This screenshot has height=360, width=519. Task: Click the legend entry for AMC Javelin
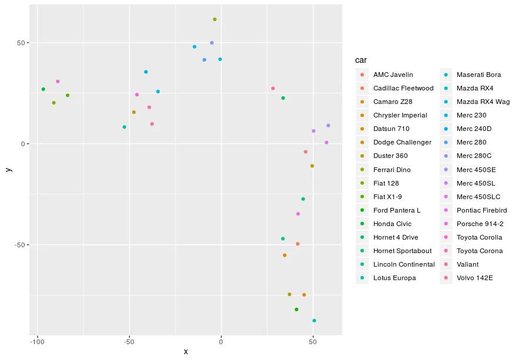(393, 75)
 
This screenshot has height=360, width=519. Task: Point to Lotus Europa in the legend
(395, 278)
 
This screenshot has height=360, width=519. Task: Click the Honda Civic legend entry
(392, 224)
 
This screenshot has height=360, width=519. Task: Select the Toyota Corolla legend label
(479, 237)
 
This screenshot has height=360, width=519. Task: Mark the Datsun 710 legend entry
(391, 129)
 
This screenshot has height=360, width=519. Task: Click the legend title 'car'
(361, 60)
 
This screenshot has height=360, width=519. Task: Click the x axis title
(186, 352)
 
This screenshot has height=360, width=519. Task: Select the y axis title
(8, 169)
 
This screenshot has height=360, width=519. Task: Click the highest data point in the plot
(215, 19)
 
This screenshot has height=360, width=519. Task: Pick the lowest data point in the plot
(314, 321)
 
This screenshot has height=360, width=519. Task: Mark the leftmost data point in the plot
(43, 89)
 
